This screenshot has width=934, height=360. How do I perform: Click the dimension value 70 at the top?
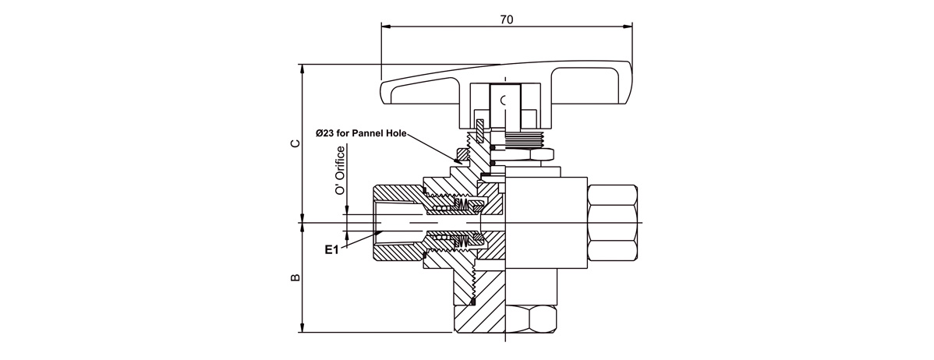(x=506, y=19)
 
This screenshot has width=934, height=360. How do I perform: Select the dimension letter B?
(x=295, y=277)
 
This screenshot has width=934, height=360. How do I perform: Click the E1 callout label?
(x=332, y=250)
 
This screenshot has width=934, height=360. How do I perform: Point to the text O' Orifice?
(x=340, y=171)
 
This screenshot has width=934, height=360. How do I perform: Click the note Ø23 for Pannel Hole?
(x=362, y=133)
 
